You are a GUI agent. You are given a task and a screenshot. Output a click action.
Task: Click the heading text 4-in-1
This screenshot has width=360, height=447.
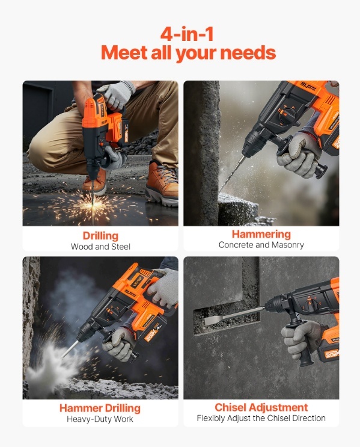(187, 34)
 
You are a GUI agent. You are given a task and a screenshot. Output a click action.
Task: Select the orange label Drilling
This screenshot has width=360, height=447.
(100, 236)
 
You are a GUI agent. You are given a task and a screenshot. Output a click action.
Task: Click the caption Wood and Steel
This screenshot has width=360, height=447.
(100, 247)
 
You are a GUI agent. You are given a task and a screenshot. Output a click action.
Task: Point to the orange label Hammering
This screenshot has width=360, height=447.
(261, 234)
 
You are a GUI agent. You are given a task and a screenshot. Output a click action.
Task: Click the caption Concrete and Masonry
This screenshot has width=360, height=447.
(261, 245)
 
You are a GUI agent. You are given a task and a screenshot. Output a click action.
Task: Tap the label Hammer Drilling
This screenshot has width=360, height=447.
(100, 408)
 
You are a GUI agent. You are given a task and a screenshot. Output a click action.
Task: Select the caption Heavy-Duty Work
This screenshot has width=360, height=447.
(100, 419)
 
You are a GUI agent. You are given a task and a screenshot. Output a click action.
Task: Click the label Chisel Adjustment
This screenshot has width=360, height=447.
(261, 407)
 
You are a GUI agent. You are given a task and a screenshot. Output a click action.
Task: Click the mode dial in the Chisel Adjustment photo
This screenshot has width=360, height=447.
(314, 304)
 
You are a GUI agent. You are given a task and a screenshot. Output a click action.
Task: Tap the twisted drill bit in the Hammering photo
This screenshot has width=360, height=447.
(233, 172)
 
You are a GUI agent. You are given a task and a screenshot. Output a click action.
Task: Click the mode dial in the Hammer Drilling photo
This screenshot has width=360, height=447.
(115, 313)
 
